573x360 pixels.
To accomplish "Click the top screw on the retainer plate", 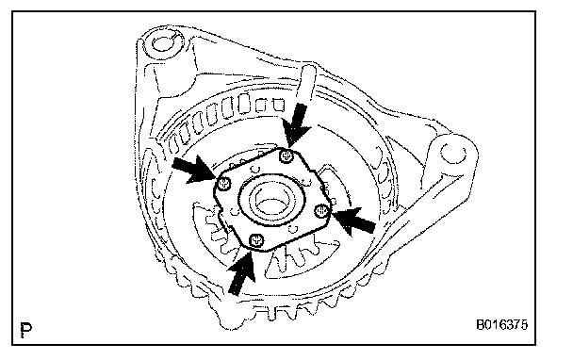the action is coord(286,156).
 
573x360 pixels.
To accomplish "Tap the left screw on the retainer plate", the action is coord(223,184).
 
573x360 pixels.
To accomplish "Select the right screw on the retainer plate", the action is coord(321,210).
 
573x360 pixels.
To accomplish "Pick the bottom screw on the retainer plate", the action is coord(256,240).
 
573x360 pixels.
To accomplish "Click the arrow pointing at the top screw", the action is coord(297,124).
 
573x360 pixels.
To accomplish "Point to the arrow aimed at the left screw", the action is coord(193,169).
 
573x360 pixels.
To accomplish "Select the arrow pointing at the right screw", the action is coord(353,221).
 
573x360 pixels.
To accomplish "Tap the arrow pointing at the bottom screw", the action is coord(242,272).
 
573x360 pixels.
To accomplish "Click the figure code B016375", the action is coord(501,324).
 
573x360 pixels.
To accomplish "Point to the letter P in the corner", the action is coord(26,329).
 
